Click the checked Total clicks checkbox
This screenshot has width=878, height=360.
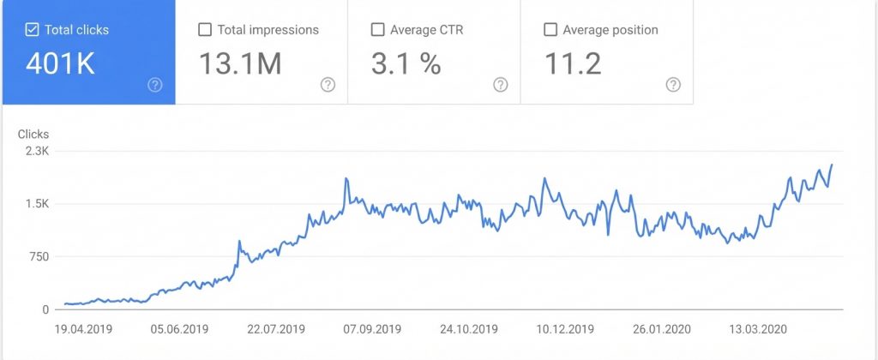33,30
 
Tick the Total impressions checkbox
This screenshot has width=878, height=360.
205,30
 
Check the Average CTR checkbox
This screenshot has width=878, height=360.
377,30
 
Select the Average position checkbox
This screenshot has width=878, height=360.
550,30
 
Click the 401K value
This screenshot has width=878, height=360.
60,63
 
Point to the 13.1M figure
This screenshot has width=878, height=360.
240,63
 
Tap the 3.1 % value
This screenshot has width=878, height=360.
406,63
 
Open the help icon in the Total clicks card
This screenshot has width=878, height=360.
155,84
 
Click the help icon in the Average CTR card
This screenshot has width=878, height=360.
501,84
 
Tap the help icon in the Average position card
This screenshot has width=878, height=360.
674,84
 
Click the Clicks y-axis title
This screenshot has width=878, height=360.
33,134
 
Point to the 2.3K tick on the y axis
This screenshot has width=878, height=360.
37,151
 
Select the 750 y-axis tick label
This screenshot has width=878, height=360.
39,256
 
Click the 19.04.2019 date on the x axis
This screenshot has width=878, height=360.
84,329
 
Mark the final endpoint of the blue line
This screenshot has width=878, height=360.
832,165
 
